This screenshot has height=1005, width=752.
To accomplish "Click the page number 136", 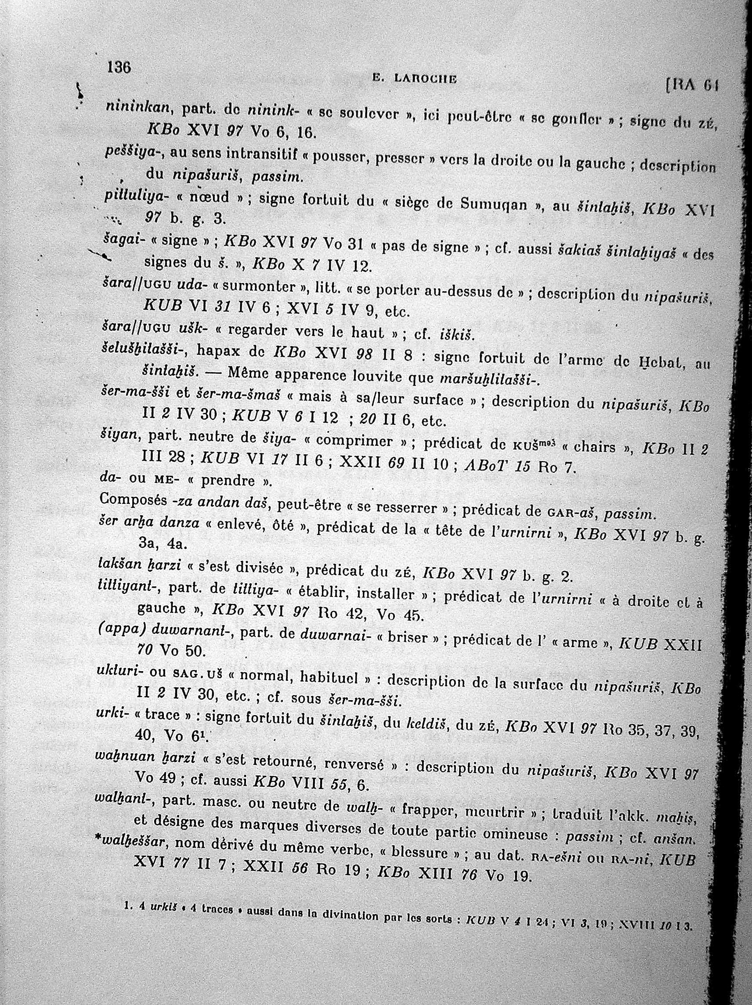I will pos(118,68).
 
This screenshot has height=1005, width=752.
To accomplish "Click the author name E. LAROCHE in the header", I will pos(414,79).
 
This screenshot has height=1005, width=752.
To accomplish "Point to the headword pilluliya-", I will pos(135,196).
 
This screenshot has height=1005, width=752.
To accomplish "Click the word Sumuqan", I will pos(494,204).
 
